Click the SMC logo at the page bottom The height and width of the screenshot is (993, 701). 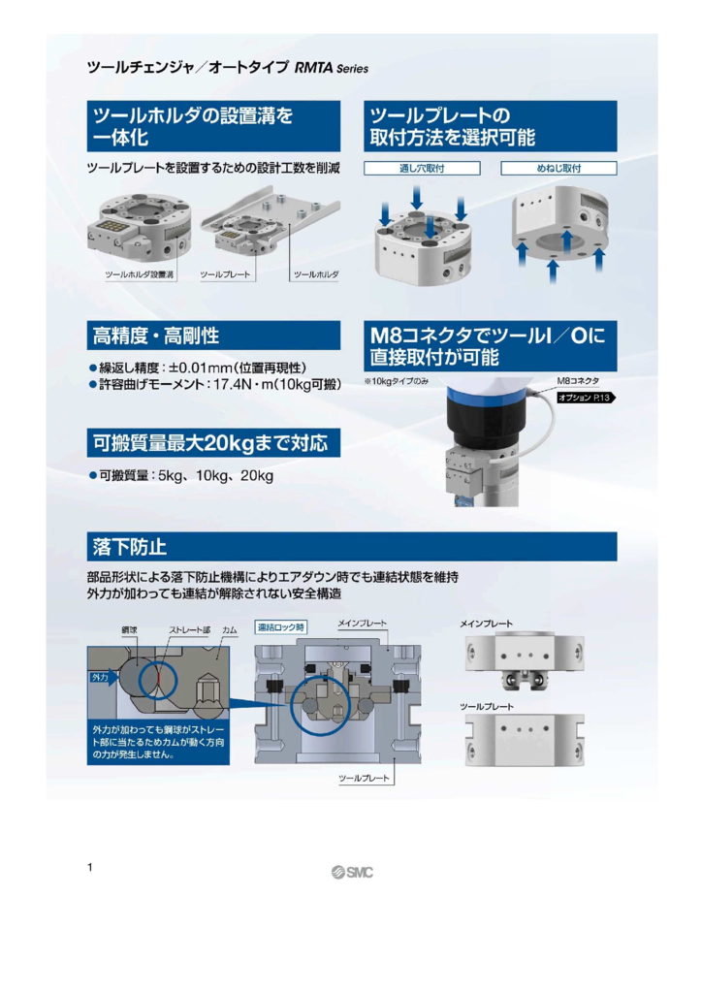[x=351, y=872]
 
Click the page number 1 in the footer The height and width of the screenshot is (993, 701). [x=90, y=867]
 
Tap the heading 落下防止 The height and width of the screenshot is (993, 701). [x=130, y=547]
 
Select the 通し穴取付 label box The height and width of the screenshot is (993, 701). [x=422, y=168]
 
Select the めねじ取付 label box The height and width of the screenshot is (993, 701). [x=558, y=168]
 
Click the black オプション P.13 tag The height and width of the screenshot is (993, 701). [x=586, y=398]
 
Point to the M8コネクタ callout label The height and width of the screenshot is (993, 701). [x=578, y=381]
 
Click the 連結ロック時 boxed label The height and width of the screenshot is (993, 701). [x=280, y=627]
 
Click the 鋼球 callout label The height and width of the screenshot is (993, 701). [x=129, y=630]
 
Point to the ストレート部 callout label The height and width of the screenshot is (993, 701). [x=189, y=630]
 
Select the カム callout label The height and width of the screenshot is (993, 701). [x=229, y=630]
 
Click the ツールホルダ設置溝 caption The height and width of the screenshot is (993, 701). [x=139, y=274]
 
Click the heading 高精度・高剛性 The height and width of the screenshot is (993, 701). [x=156, y=336]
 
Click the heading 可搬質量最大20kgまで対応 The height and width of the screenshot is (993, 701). [x=210, y=442]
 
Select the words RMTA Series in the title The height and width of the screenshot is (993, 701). [x=332, y=68]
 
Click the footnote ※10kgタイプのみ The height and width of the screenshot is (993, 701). [x=396, y=381]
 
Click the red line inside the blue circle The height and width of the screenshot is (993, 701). [x=158, y=682]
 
